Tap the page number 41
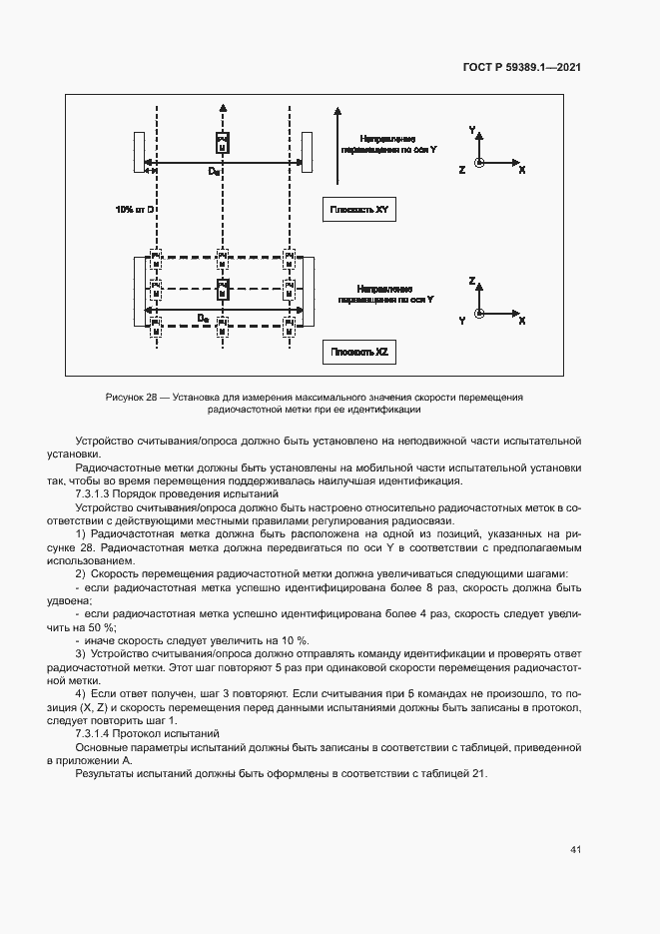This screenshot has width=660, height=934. [575, 849]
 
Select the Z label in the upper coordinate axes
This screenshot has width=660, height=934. [461, 171]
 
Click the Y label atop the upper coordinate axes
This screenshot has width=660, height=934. [472, 130]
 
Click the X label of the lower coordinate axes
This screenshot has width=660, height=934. [521, 320]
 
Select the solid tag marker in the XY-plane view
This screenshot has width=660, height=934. [223, 142]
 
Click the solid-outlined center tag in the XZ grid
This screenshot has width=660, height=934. [223, 290]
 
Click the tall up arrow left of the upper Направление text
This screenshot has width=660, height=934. [338, 145]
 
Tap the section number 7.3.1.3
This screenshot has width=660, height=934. [98, 494]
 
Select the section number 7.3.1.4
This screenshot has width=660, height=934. [98, 732]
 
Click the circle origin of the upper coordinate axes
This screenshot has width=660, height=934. [480, 162]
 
